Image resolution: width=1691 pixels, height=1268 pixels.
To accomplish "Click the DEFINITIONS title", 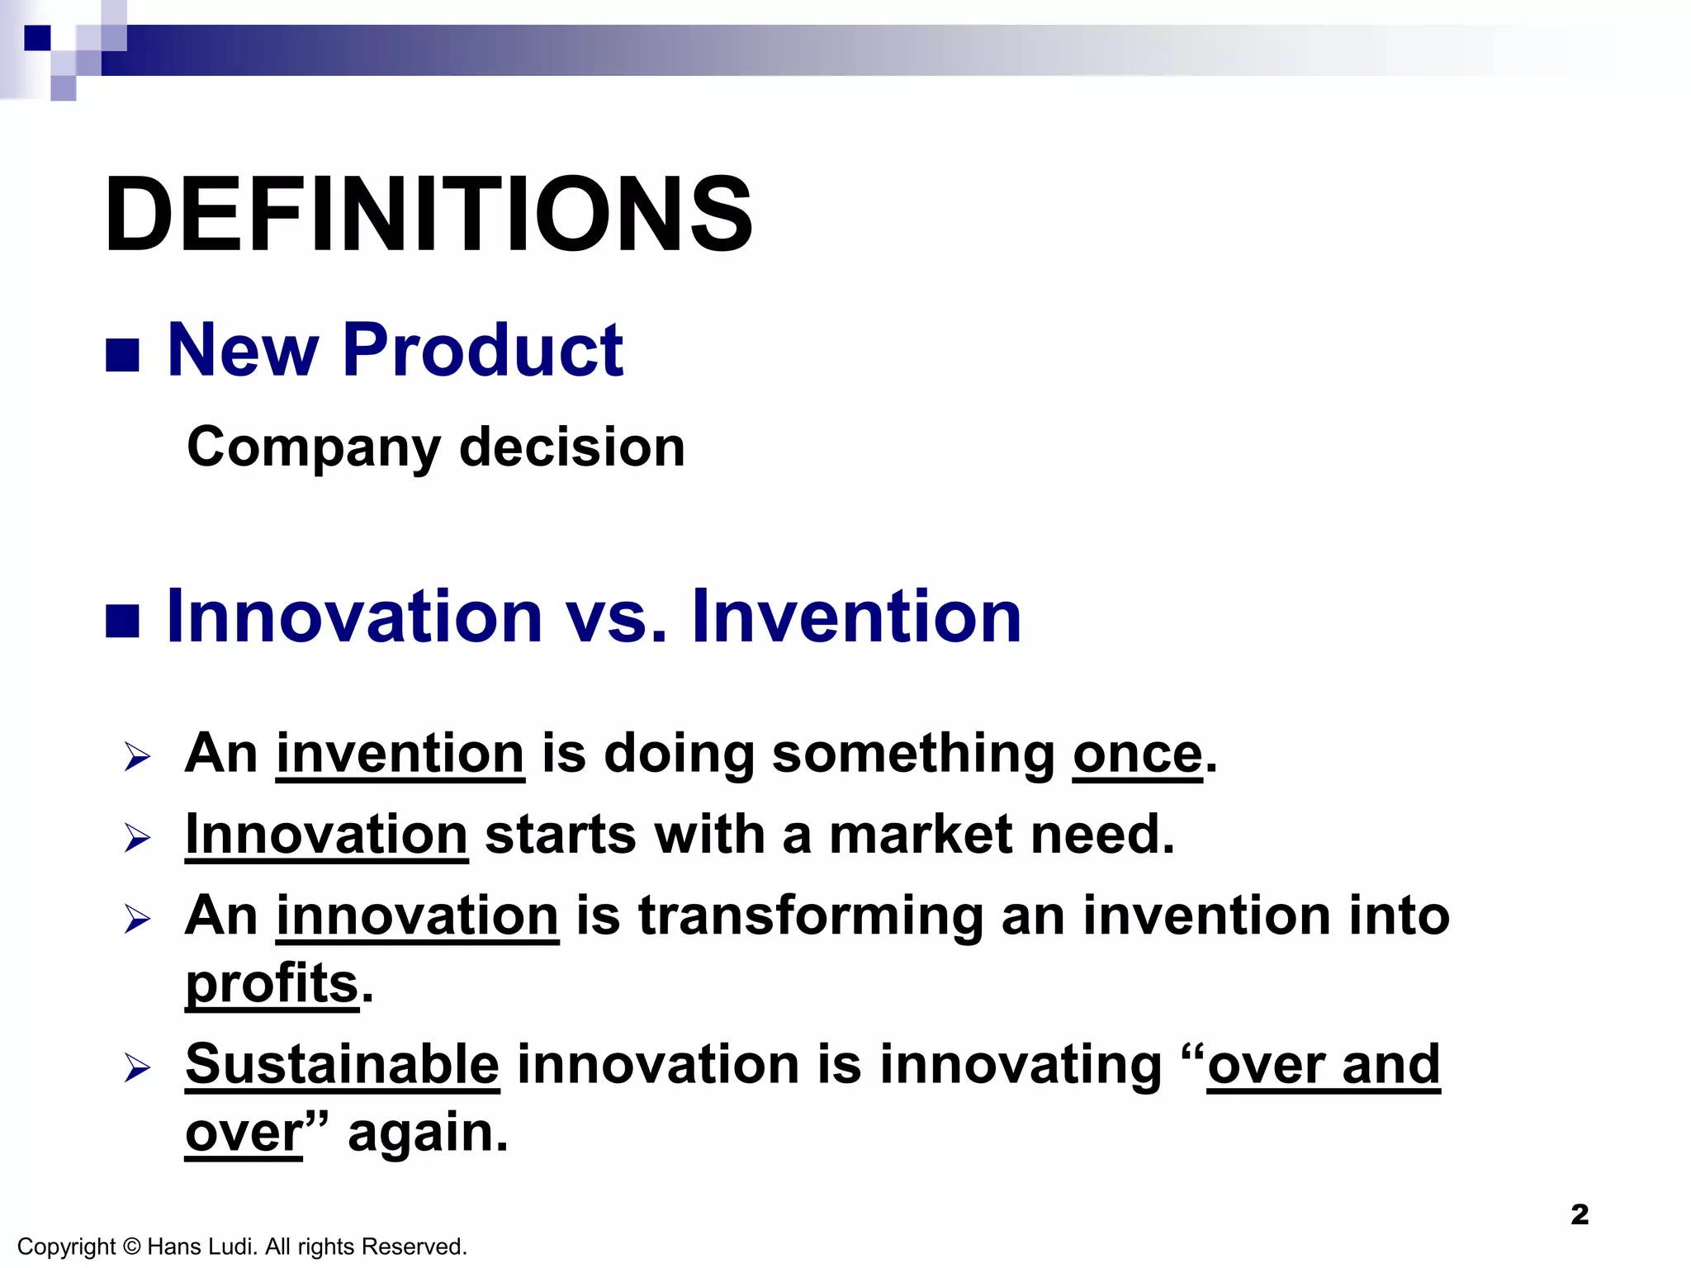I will pos(428,215).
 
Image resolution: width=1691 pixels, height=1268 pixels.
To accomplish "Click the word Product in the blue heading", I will pos(482,350).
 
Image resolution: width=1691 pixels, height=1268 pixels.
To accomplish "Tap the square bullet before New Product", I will pos(122,356).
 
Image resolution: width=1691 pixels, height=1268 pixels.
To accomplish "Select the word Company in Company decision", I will pos(314,447).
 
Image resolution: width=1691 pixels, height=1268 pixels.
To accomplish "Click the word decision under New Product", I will pos(571,447).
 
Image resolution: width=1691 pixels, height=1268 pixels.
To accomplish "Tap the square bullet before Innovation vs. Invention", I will pos(122,622).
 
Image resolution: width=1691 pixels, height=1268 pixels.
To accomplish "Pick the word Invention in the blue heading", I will pos(857,617).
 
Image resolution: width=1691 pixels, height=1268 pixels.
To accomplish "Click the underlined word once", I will pos(1137,754).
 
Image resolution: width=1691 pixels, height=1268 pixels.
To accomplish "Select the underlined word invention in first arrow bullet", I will pos(400,754).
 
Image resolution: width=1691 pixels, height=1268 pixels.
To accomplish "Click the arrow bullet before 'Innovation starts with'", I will pos(137,838).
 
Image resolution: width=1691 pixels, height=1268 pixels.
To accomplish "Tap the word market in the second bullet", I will pos(920,835).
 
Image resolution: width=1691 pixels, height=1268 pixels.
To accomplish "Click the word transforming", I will pos(811,916).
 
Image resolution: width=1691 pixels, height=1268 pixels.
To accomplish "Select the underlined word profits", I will pos(272,983).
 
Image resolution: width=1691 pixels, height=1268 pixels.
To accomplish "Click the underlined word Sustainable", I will pos(342,1064).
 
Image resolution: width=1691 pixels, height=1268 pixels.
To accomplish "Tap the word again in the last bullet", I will pos(427,1132).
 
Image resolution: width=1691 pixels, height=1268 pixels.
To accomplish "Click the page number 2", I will pos(1579,1214).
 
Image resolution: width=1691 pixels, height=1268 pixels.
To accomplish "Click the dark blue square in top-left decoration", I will pos(37,38).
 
